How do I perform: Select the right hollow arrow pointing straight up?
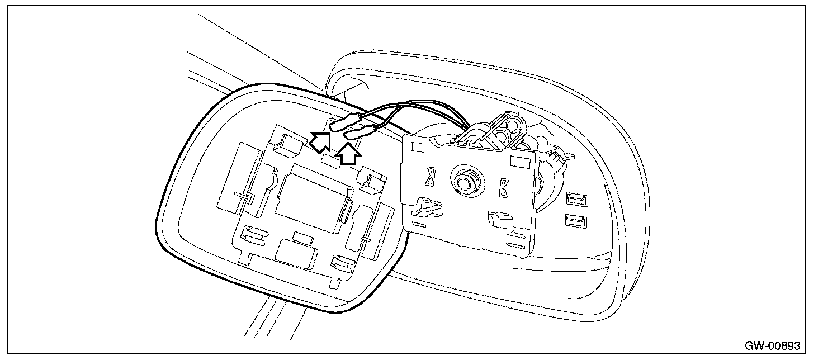pos(348,154)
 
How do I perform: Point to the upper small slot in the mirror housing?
pos(575,198)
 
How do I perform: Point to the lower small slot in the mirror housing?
pos(575,221)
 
